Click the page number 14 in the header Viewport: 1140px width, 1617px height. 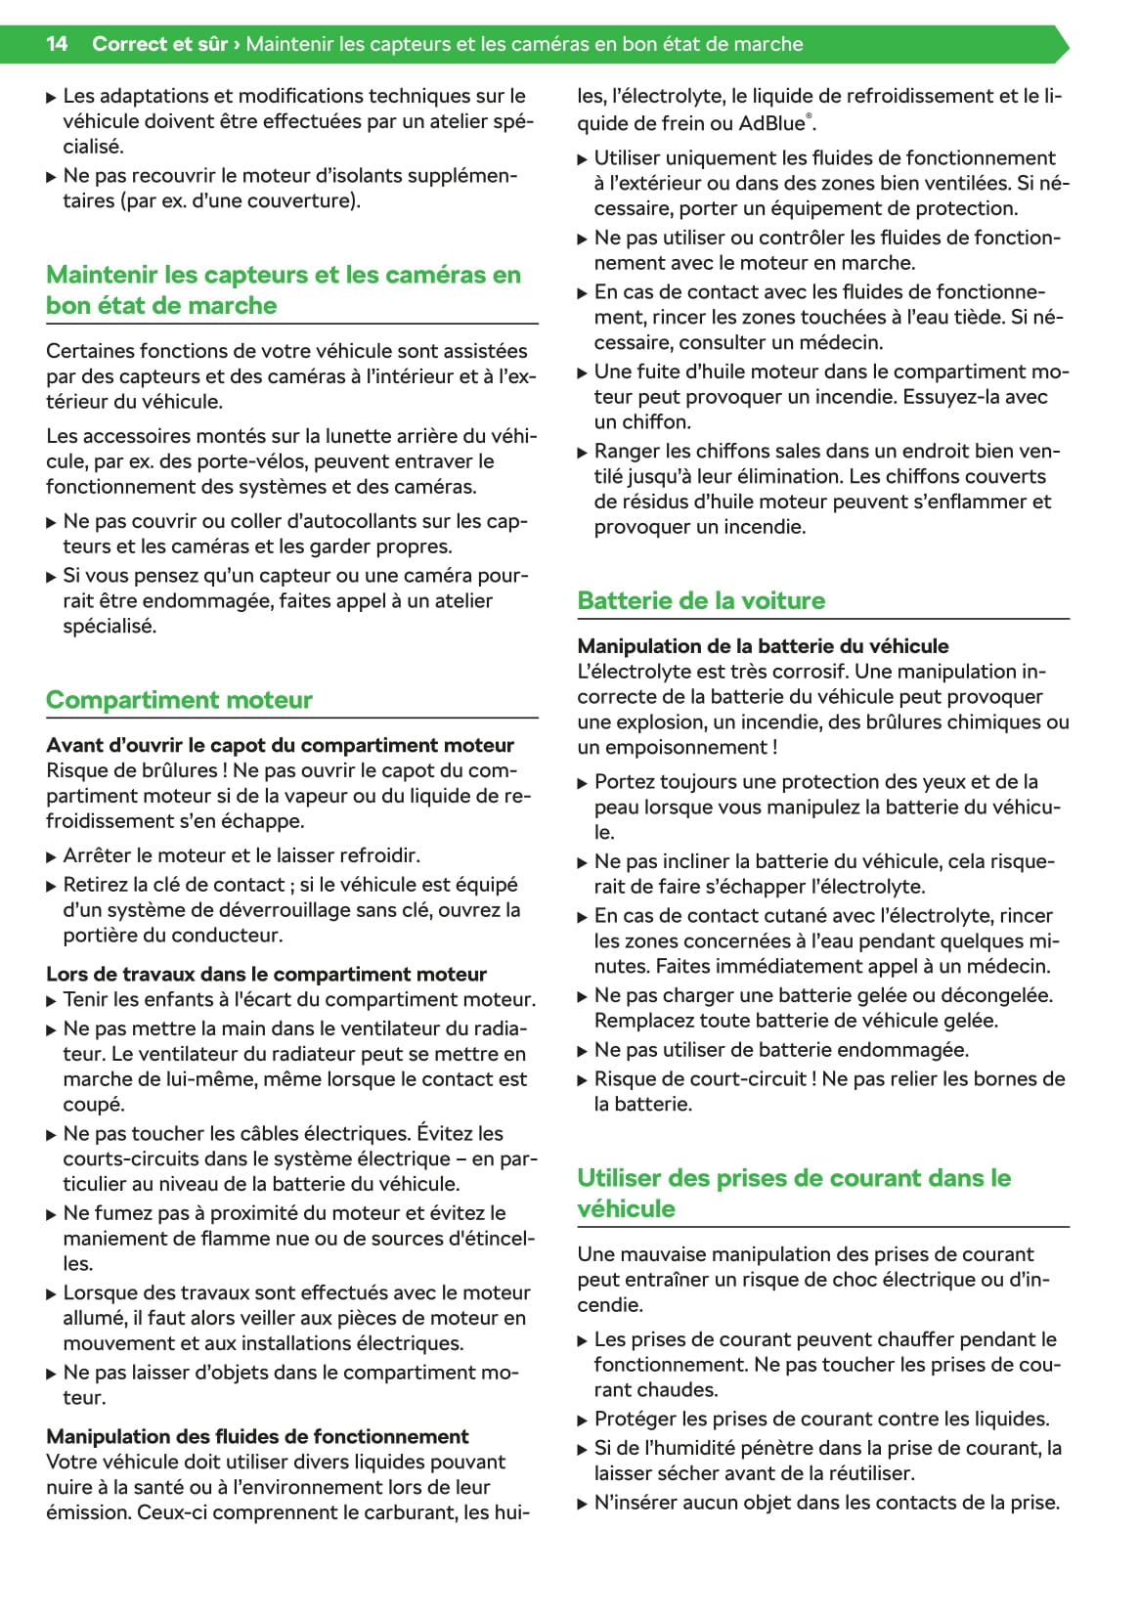click(57, 44)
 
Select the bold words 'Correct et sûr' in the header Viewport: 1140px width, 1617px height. click(159, 44)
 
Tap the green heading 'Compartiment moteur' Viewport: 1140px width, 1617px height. click(179, 700)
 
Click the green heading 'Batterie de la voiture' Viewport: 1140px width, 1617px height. click(701, 600)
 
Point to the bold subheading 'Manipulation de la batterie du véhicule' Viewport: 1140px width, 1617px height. click(763, 646)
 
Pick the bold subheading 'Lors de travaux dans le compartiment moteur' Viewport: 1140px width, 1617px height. click(266, 974)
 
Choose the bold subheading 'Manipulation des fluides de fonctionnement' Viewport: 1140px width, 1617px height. click(257, 1436)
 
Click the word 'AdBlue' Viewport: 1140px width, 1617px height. click(771, 123)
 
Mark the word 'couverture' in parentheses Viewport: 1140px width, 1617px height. click(306, 201)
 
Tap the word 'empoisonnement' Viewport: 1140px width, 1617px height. click(683, 748)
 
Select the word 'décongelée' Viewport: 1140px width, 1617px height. click(996, 995)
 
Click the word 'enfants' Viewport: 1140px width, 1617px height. click(155, 999)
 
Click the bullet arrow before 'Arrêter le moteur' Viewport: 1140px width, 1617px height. click(52, 857)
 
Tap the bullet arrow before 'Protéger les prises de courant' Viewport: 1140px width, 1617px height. click(583, 1420)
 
